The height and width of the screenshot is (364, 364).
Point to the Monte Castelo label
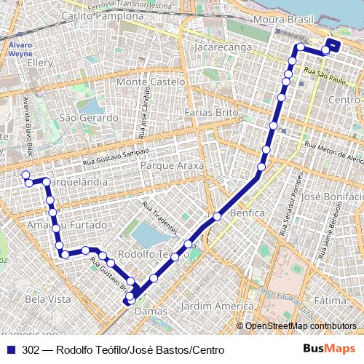click(x=151, y=82)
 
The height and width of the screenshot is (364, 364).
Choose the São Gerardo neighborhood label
click(x=89, y=117)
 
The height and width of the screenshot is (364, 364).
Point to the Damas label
click(x=151, y=311)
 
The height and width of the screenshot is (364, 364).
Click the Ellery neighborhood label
click(x=39, y=63)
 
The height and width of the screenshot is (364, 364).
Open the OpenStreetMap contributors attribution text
click(x=301, y=326)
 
